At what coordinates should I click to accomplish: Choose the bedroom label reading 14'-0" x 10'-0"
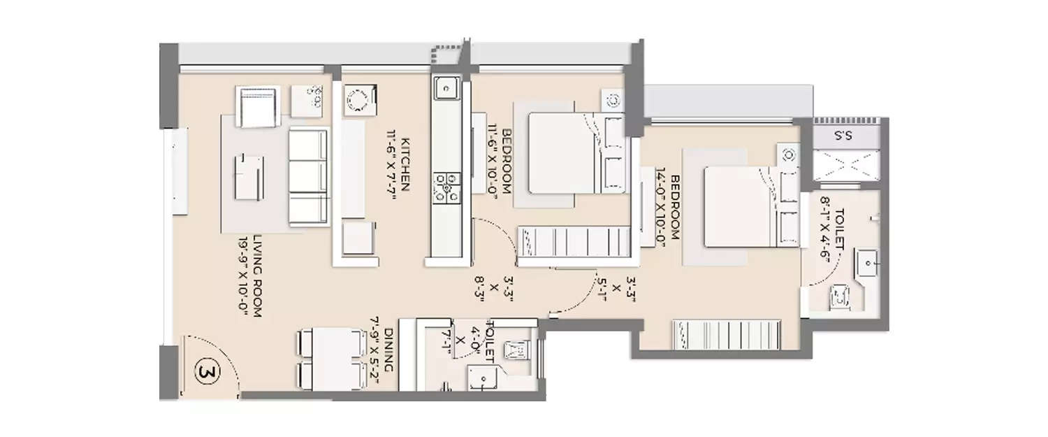tap(668, 207)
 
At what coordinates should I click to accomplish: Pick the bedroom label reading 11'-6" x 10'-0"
tap(500, 162)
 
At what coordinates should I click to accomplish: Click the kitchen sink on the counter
tap(444, 88)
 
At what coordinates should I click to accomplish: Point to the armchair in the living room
tap(258, 107)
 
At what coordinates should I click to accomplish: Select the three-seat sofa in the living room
tap(307, 178)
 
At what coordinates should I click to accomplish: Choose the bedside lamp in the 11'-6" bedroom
tap(613, 100)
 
